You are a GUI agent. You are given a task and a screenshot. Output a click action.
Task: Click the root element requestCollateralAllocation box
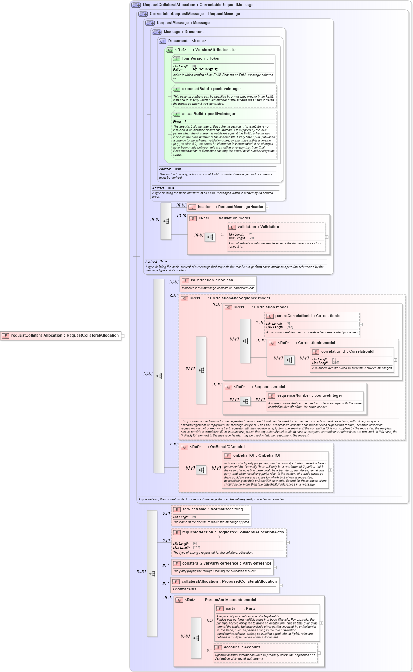(x=61, y=335)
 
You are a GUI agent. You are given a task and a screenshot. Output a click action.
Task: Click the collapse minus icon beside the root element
(x=123, y=335)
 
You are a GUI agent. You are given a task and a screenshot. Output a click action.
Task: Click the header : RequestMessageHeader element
(x=226, y=207)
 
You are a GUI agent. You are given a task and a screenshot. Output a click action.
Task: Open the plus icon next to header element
(x=267, y=207)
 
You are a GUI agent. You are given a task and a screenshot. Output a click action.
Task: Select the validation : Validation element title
(x=258, y=227)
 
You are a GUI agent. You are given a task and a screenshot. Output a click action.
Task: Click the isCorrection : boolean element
(x=212, y=280)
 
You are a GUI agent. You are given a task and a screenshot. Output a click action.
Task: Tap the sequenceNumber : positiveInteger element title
(x=309, y=396)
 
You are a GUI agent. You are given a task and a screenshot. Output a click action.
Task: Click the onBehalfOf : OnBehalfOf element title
(x=256, y=456)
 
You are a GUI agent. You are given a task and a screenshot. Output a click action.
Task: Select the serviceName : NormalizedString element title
(x=212, y=509)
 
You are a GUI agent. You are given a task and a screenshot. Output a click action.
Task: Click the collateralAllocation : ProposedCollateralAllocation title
(x=229, y=582)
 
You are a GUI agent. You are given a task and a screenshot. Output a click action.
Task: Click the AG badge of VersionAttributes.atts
(x=169, y=50)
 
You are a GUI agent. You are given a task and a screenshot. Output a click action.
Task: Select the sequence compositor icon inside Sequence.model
(x=245, y=401)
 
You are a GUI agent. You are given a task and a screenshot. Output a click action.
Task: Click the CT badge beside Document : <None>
(x=162, y=41)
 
